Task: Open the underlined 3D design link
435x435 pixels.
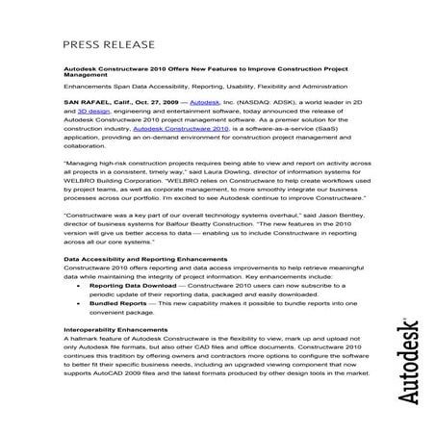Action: [95, 137]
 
